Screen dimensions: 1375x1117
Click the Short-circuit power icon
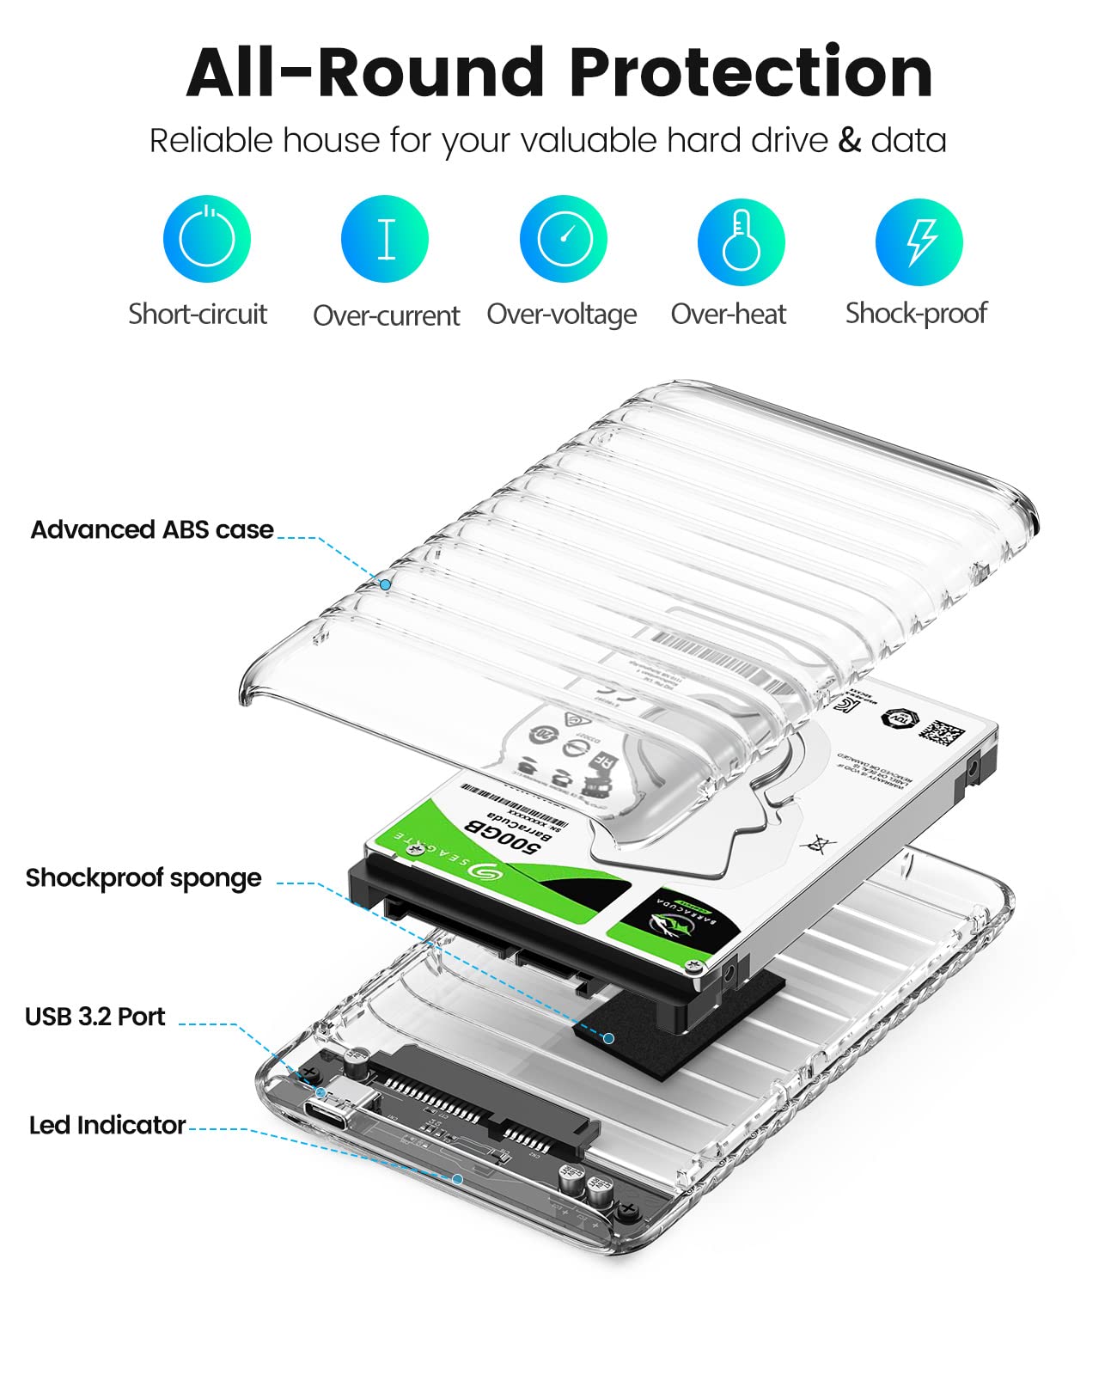coord(206,239)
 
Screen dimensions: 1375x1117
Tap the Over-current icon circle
coord(385,239)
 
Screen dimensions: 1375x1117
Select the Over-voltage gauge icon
coord(564,239)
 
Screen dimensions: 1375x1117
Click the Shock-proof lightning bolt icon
coord(919,241)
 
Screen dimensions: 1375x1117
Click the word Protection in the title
coord(751,72)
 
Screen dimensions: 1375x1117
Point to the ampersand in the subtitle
coord(849,140)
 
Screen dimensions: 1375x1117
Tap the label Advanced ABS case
coord(152,529)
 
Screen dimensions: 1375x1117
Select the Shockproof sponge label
coord(143,877)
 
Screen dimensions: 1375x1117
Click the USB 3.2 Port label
coord(95,1017)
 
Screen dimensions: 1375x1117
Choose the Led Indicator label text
coord(107,1125)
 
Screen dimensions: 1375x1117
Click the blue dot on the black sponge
coord(608,1038)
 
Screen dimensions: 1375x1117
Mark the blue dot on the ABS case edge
coord(386,584)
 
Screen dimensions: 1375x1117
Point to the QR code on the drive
coord(942,732)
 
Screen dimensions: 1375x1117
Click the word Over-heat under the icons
coord(729,315)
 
